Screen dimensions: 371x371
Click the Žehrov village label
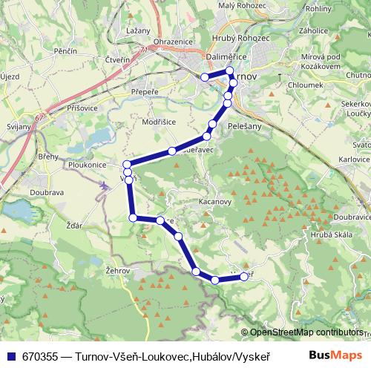[118, 272]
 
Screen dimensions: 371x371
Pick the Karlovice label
[353, 160]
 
